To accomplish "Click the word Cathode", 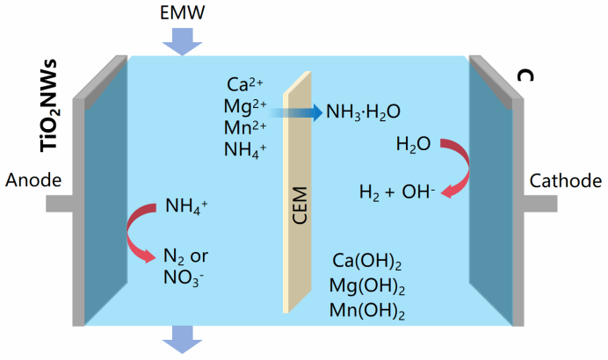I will click(568, 181).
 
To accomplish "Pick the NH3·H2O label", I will click(364, 112).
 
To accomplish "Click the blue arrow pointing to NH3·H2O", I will click(295, 112).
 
